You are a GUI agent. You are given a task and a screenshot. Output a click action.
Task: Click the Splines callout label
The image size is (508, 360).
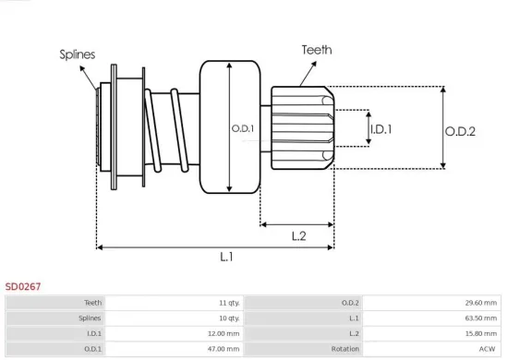[79, 54]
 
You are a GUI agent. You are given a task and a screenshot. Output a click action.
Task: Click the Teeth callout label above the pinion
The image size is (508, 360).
[316, 50]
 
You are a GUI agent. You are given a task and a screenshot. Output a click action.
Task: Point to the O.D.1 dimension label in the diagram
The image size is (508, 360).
[244, 128]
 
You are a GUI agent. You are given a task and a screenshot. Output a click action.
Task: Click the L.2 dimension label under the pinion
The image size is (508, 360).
[298, 235]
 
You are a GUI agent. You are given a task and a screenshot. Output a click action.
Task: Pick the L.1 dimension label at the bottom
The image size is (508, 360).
[225, 258]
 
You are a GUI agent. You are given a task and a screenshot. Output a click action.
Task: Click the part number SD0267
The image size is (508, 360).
[23, 287]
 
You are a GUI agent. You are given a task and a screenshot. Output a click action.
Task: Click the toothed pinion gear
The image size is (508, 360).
[300, 127]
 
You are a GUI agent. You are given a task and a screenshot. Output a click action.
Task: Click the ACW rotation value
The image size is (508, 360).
[488, 349]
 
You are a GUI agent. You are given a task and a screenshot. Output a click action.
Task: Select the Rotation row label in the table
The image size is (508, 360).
[345, 349]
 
